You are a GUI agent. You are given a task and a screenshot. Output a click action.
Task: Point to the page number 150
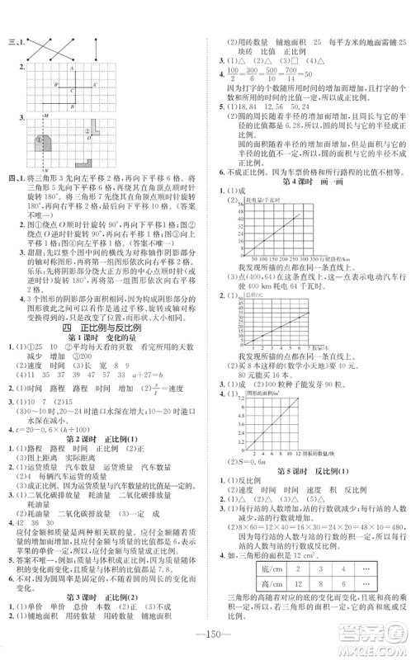click(x=205, y=643)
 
